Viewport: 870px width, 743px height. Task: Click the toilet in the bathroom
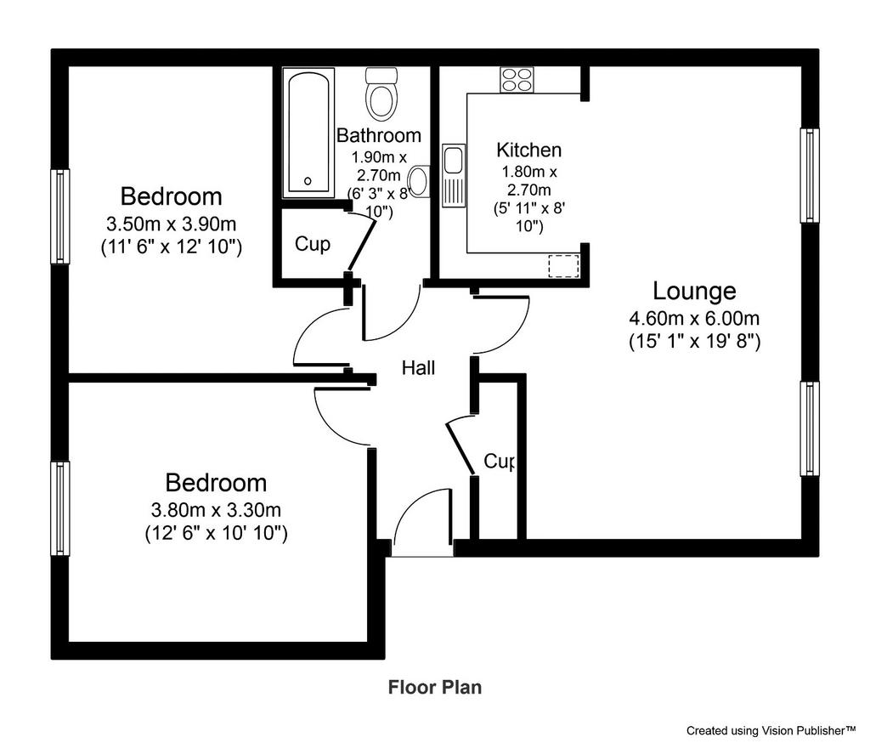point(381,94)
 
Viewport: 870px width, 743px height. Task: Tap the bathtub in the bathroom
point(308,133)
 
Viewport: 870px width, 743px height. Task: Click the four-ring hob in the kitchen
point(517,79)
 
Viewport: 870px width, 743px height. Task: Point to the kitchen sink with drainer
point(454,175)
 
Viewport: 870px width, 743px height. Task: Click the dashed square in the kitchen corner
point(564,265)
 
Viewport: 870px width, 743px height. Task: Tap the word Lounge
point(694,291)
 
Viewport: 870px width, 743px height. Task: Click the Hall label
point(418,367)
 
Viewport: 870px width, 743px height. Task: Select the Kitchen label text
point(528,150)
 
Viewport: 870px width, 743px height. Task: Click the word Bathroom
point(379,135)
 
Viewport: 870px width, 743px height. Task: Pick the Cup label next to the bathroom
point(313,244)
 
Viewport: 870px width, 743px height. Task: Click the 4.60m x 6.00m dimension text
point(694,319)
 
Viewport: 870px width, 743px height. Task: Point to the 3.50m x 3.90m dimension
point(171,224)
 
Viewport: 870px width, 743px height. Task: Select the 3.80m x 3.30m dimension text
point(216,510)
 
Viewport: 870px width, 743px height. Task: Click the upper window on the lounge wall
point(810,175)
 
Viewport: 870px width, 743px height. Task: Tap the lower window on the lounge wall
point(810,428)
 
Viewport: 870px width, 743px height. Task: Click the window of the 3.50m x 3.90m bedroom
point(60,216)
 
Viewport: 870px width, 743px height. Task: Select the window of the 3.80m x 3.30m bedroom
point(60,508)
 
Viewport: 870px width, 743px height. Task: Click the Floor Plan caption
point(435,688)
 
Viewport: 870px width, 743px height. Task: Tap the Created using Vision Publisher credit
point(771,730)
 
